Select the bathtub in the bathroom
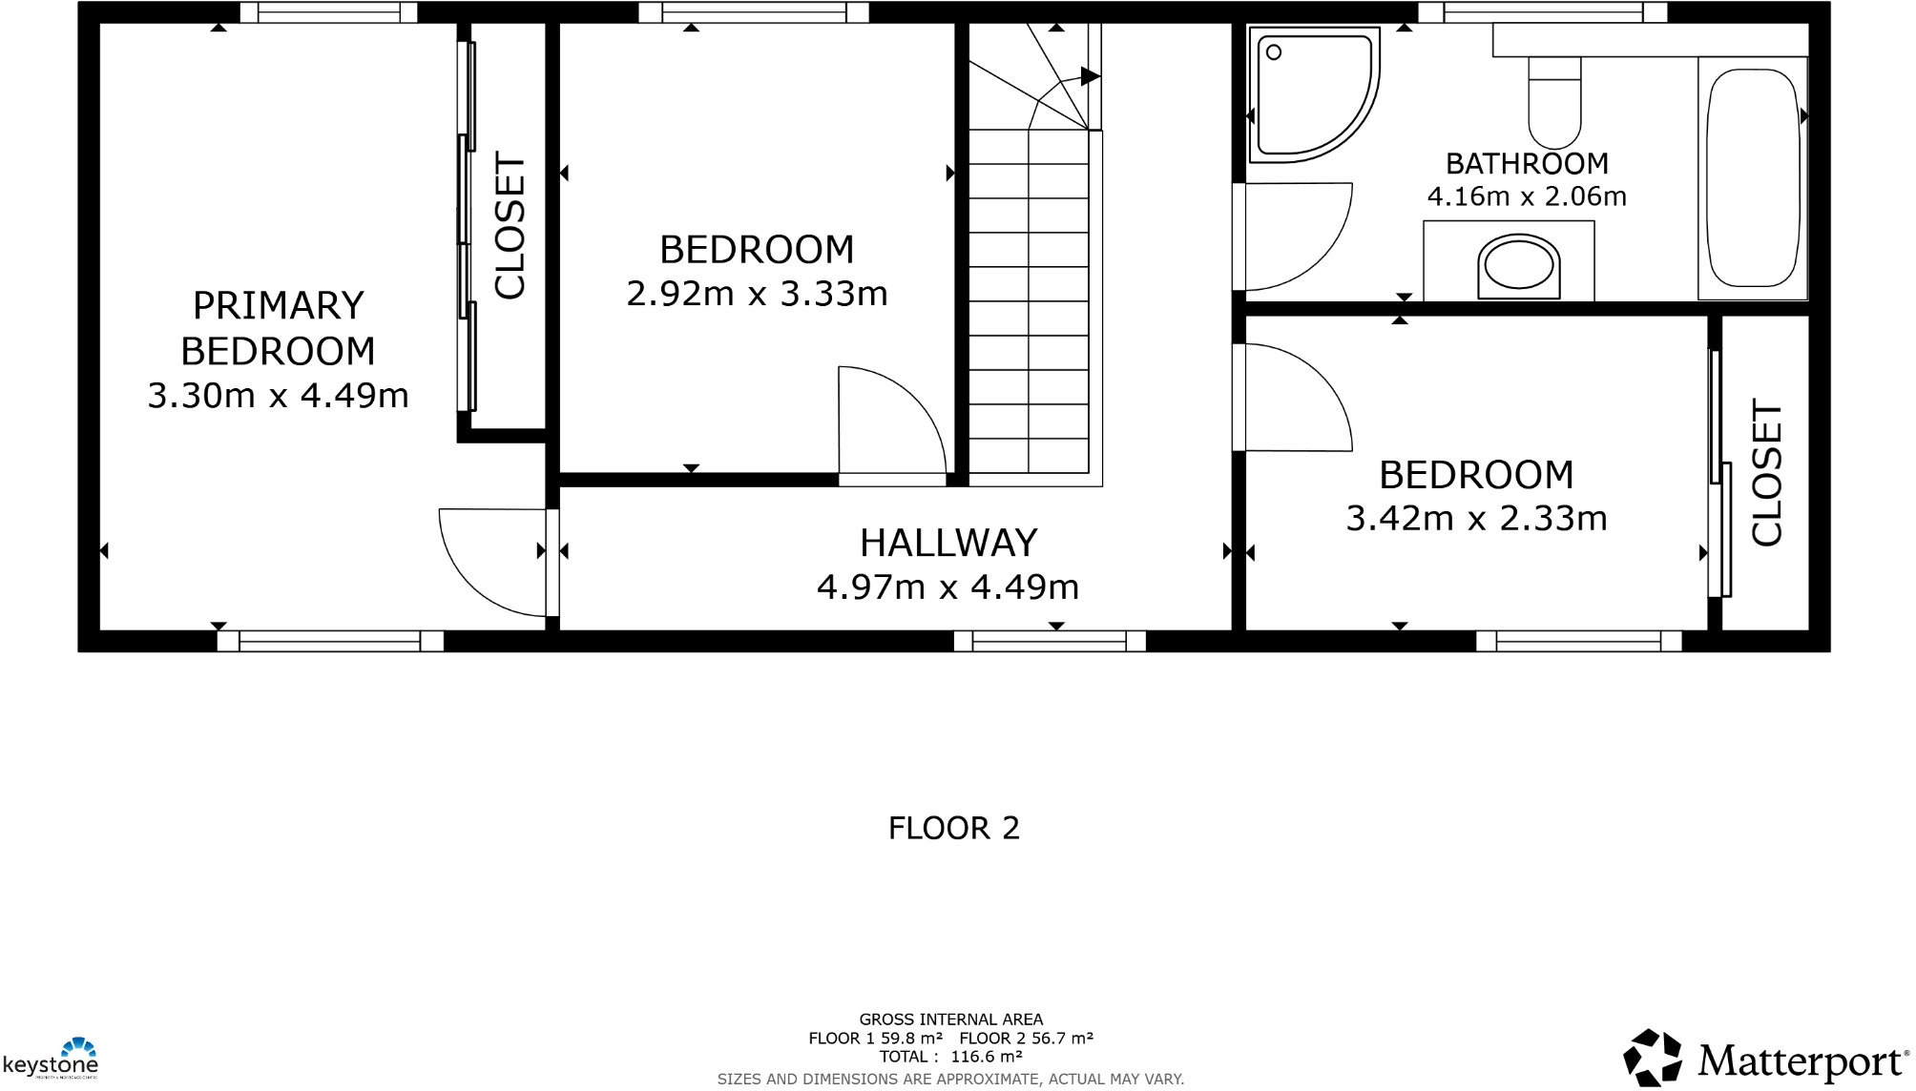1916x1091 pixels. (1752, 178)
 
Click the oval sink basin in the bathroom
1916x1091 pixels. (1518, 264)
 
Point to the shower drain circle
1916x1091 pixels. (1274, 52)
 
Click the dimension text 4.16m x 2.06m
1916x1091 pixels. (1527, 196)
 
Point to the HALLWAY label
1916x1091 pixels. (948, 543)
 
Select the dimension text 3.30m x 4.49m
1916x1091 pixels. (278, 395)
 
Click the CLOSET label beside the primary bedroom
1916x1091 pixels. (510, 226)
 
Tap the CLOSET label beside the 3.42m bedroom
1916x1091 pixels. (1767, 472)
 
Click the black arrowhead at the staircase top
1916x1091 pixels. (1090, 76)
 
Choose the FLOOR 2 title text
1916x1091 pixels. (953, 828)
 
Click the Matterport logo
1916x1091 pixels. (1765, 1059)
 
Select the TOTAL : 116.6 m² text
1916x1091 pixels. (950, 1057)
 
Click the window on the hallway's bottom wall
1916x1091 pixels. (1050, 641)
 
